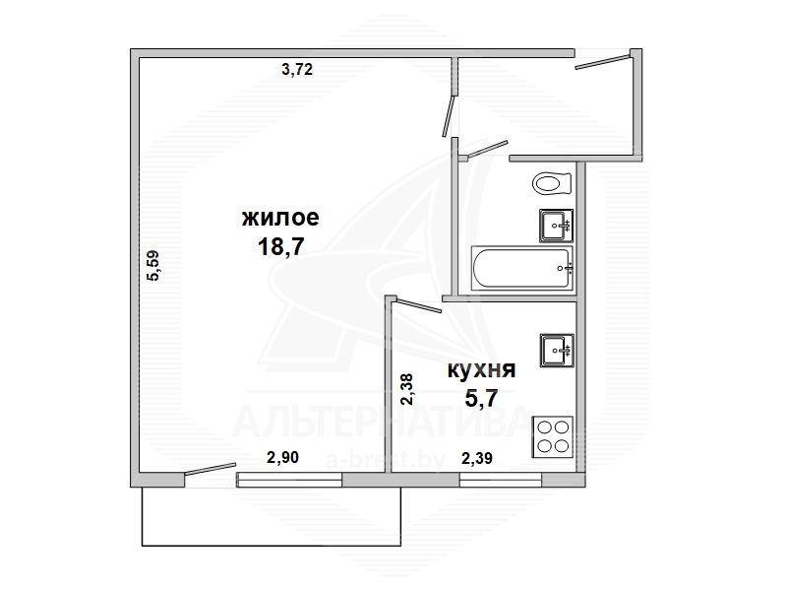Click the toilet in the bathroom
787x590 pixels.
tap(552, 183)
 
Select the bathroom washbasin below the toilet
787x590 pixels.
tap(557, 226)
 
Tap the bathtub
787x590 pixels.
tap(522, 267)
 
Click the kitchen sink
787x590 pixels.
tap(557, 351)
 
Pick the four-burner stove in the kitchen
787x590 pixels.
tap(553, 436)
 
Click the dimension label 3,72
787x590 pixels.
tap(297, 69)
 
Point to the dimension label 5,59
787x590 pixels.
tap(152, 265)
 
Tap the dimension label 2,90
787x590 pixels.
tap(282, 457)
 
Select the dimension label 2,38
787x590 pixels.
tap(406, 389)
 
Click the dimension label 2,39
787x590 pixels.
tap(477, 458)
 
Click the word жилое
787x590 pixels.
tap(280, 218)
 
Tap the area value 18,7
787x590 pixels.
tap(281, 246)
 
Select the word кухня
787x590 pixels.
tap(481, 370)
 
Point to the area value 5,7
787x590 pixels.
tap(481, 398)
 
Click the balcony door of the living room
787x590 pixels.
tap(211, 469)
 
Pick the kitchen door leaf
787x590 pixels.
tap(417, 305)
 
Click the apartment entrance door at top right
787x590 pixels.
tap(602, 61)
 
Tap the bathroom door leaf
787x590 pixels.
tap(487, 149)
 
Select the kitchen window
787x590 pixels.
tap(501, 480)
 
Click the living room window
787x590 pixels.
tap(289, 480)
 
